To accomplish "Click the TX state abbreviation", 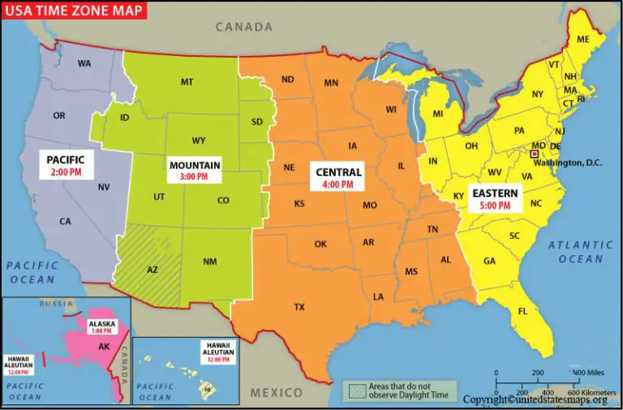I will point(299,307).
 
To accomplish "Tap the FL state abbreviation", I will point(522,311).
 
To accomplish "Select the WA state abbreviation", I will point(84,63).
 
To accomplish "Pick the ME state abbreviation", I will point(582,40).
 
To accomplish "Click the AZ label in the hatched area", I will point(152,269).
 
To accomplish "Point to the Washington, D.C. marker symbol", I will point(534,153).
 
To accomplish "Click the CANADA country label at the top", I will point(243,28).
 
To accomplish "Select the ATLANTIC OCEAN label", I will point(580,251).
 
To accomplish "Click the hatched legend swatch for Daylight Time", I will point(354,390).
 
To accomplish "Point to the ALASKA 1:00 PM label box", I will point(103,327).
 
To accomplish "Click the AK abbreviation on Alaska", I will point(104,347).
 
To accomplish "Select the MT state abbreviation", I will point(187,82).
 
